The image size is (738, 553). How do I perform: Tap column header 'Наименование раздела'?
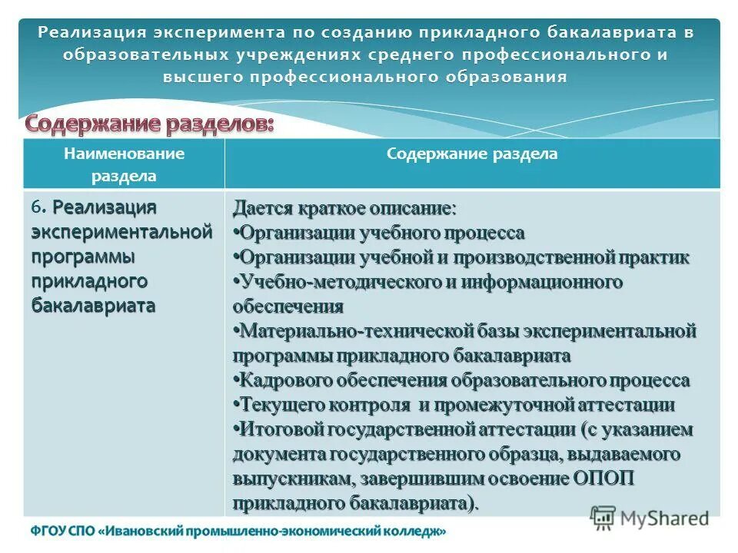tap(124, 164)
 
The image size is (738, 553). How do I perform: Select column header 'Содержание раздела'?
tap(472, 154)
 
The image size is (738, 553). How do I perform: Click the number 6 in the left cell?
tap(35, 207)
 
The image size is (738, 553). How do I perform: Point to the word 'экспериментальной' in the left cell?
tap(121, 231)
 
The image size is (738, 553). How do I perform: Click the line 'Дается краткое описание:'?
tap(344, 209)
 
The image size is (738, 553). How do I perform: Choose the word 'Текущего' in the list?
tap(277, 406)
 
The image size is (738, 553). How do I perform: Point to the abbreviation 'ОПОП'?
tap(603, 479)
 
